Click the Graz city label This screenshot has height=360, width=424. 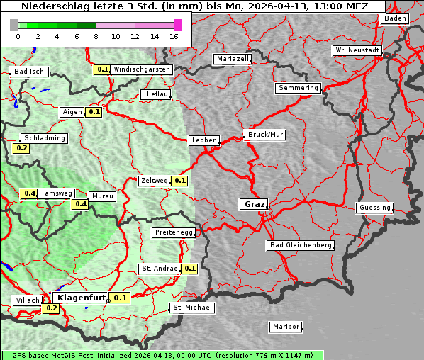[253, 204]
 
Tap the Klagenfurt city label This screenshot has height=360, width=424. [82, 298]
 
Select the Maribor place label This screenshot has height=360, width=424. [285, 327]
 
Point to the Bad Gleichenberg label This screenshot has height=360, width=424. [300, 245]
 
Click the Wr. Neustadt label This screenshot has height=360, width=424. [357, 50]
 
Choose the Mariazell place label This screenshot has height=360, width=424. [233, 59]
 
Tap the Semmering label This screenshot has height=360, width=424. [298, 88]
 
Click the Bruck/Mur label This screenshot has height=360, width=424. [265, 134]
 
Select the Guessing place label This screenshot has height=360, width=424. [374, 208]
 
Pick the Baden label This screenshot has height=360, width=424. [396, 18]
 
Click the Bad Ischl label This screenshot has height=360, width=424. [30, 72]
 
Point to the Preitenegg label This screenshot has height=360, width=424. [174, 232]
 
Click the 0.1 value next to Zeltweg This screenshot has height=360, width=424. [180, 181]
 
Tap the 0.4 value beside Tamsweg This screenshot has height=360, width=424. [29, 193]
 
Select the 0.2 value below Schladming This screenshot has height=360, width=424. [21, 148]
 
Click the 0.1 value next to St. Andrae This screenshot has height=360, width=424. [189, 269]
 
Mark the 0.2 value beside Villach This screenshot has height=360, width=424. [51, 308]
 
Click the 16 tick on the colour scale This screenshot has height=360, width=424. [174, 36]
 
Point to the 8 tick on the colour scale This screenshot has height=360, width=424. [96, 36]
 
